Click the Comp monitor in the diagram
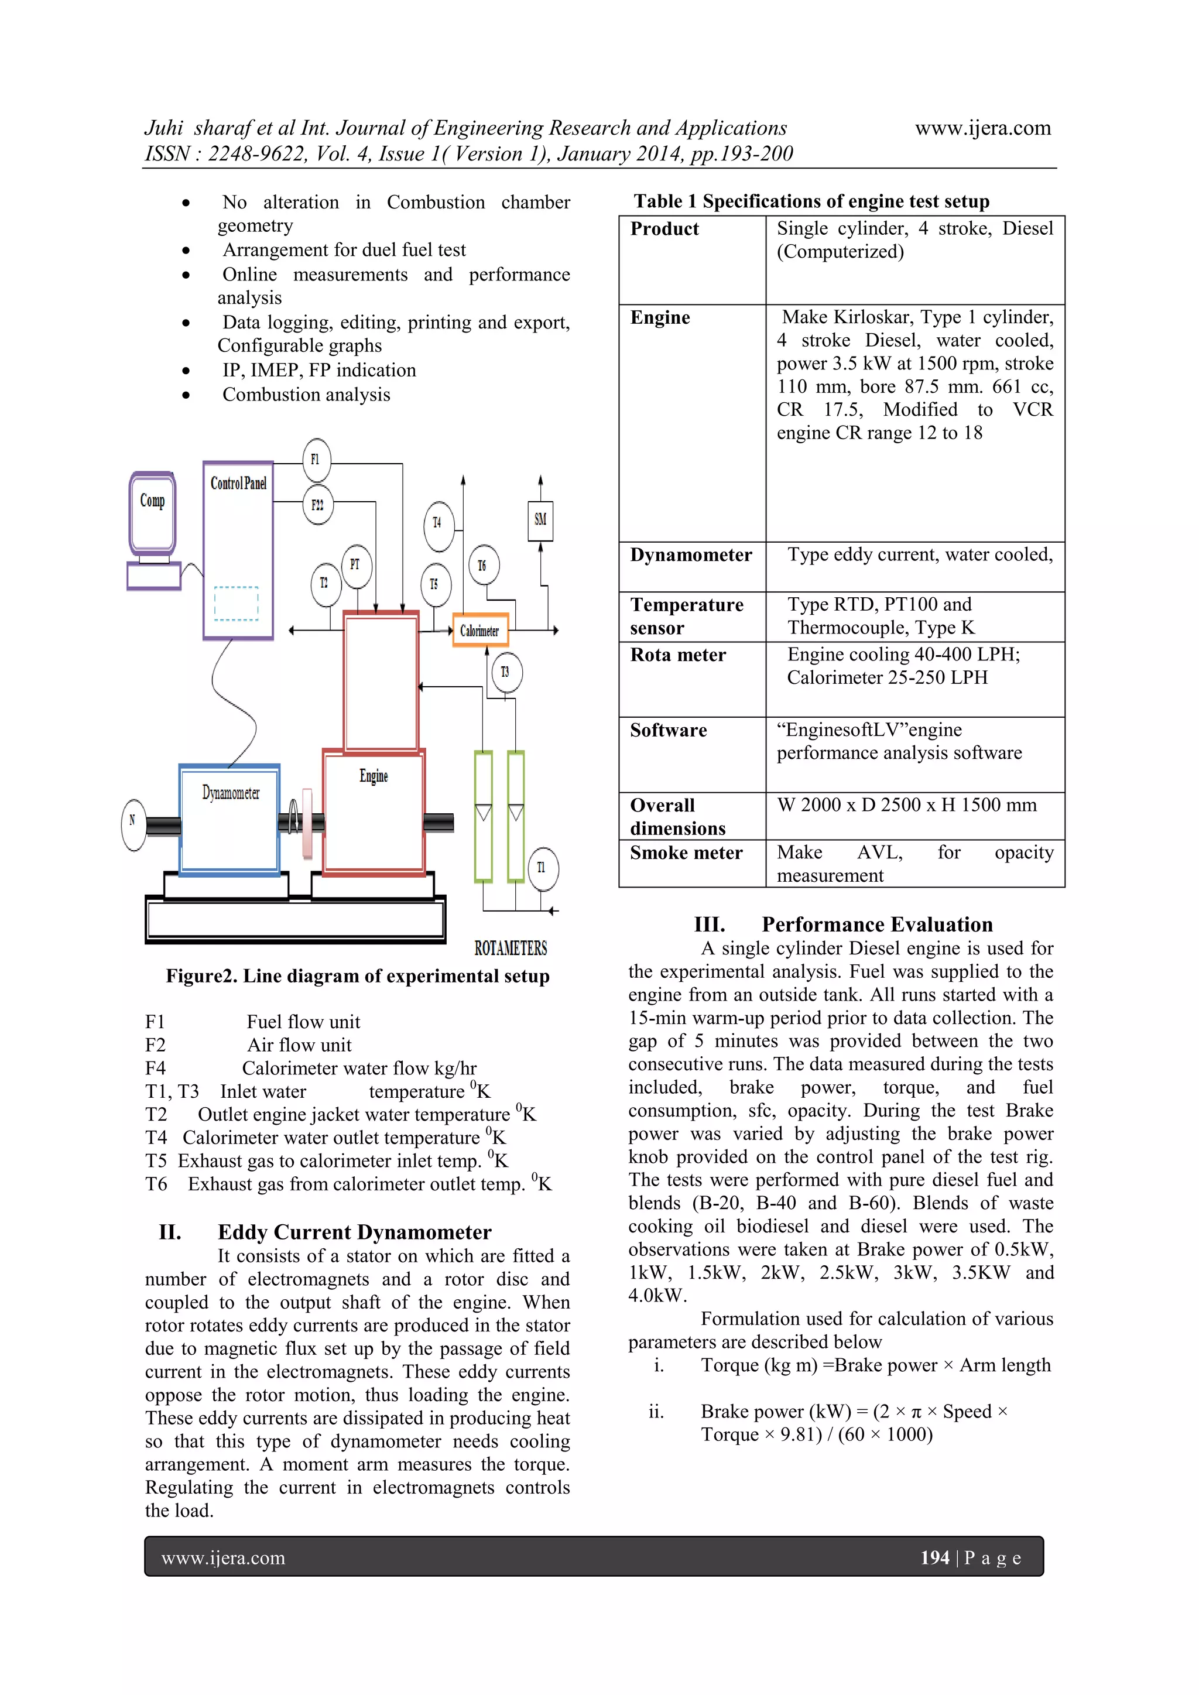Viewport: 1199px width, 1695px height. tap(153, 512)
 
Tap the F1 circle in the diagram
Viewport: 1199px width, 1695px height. tap(316, 459)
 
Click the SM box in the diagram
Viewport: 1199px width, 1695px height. tap(540, 521)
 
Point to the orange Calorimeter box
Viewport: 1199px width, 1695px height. tap(480, 631)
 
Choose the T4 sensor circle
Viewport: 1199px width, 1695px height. tap(439, 523)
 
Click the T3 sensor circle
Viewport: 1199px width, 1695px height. tap(506, 672)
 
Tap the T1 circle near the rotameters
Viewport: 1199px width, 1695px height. tap(542, 868)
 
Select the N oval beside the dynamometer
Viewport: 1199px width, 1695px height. tap(133, 824)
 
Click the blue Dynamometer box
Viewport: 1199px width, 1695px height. tap(229, 820)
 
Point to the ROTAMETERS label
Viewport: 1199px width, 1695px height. tap(510, 948)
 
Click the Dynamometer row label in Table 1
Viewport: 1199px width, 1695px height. tap(690, 555)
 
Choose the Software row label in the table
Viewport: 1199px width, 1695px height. tap(668, 730)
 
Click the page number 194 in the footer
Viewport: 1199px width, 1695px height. tap(934, 1557)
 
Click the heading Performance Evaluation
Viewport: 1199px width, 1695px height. tap(876, 924)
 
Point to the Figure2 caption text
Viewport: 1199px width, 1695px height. tap(357, 976)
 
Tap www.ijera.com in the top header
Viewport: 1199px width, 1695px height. tap(983, 128)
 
